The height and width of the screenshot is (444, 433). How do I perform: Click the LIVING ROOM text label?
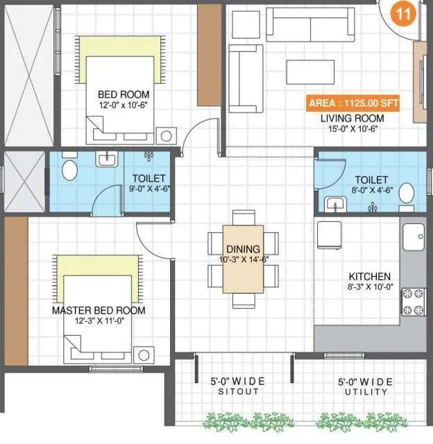tap(352, 118)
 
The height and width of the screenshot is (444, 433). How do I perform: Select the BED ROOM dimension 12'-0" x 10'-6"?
tap(123, 106)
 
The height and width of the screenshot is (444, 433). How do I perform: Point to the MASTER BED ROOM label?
tap(99, 311)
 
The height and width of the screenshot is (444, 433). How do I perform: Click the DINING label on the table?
tap(243, 249)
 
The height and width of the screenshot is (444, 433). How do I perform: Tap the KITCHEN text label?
tap(369, 275)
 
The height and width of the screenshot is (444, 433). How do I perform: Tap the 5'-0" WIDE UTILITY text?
tap(364, 386)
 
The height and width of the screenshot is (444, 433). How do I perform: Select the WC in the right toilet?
tap(407, 193)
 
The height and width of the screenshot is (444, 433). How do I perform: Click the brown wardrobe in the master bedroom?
tap(14, 295)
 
